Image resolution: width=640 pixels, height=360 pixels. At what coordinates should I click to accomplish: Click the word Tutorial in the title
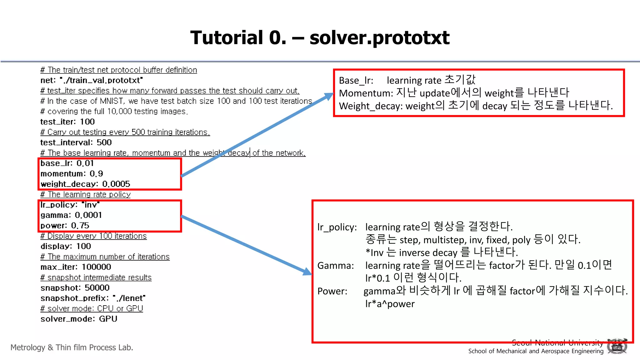tap(227, 38)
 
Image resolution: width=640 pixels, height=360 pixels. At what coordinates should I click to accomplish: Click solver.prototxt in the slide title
tap(379, 38)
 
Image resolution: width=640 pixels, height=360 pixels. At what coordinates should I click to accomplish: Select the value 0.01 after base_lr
tap(85, 163)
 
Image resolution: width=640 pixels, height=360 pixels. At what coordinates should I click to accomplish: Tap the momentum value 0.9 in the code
tap(96, 173)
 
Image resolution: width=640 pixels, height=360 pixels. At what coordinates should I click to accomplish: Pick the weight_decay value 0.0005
tap(116, 184)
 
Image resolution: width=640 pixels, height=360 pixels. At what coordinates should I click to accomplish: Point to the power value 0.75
tap(80, 225)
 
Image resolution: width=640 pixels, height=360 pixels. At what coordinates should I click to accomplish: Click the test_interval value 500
tap(104, 142)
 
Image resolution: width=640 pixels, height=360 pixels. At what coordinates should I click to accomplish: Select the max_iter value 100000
tap(96, 267)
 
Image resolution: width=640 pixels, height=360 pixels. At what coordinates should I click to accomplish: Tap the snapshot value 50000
tap(97, 287)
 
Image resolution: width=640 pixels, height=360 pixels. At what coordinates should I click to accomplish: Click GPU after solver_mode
tap(108, 319)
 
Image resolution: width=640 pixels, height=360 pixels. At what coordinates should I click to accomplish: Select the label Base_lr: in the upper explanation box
tap(356, 81)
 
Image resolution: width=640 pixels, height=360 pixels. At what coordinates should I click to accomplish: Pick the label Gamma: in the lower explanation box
tap(336, 266)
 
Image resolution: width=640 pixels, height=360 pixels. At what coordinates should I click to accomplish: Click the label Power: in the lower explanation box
tap(332, 291)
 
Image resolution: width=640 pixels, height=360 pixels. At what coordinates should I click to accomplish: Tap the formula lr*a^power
tap(390, 304)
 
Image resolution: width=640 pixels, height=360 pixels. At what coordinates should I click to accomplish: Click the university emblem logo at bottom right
tap(617, 346)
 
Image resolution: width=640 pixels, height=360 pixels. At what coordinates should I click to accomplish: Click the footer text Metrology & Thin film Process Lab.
tap(72, 347)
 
